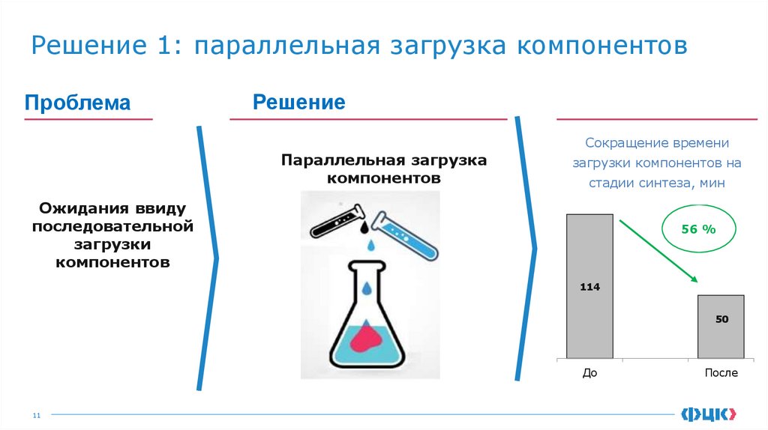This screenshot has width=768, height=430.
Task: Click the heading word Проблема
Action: point(77,103)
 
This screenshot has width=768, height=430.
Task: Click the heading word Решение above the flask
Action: point(298,102)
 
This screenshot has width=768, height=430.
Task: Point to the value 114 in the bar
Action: point(589,287)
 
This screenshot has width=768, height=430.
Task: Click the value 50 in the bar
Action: point(721,319)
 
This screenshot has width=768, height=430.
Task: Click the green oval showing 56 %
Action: point(698,229)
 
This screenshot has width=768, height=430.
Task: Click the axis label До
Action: point(589,372)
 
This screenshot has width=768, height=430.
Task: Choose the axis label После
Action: point(721,372)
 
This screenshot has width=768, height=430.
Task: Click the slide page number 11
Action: point(34,414)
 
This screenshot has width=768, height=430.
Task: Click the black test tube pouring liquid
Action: point(336,219)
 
